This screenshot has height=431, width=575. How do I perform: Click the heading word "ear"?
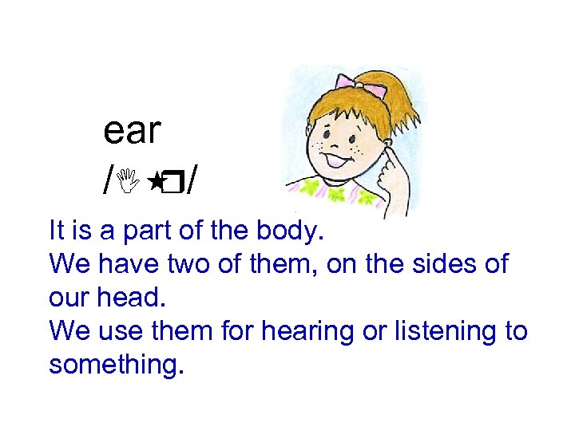(133, 132)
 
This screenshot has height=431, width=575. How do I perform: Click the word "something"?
(117, 364)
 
